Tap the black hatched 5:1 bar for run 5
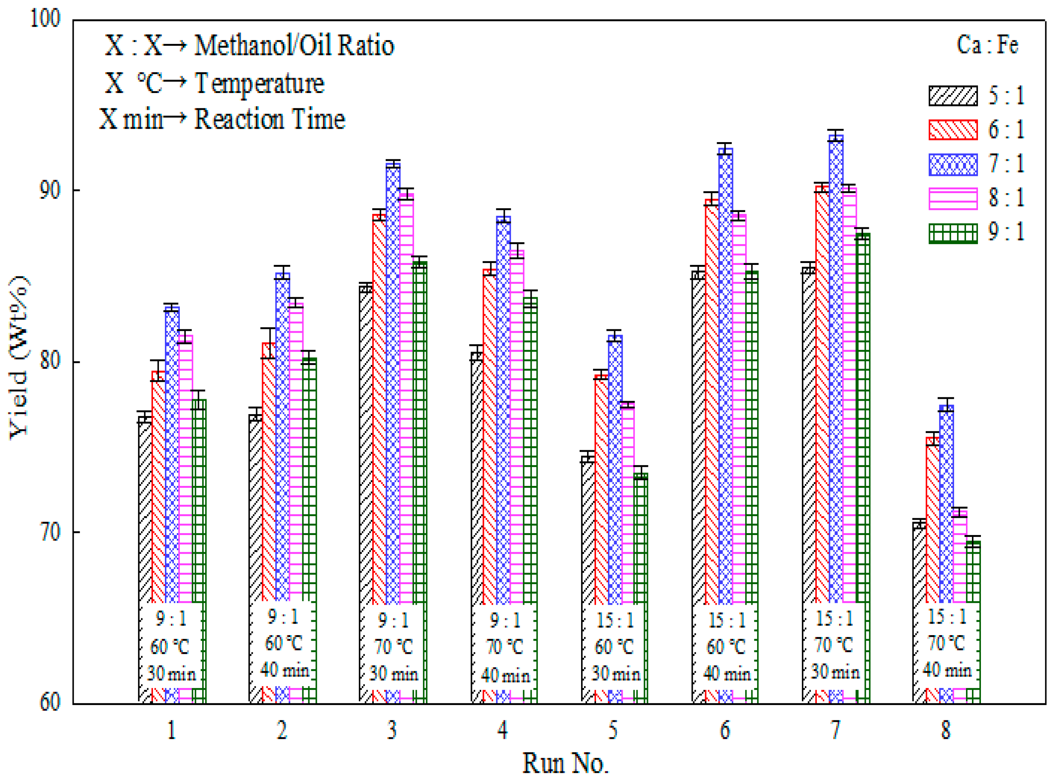pos(587,528)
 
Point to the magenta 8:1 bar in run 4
pos(517,424)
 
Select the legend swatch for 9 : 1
pos(953,233)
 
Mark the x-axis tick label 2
pos(282,730)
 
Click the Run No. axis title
pos(565,762)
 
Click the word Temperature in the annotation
pos(259,83)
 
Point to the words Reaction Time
pos(270,119)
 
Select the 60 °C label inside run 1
pos(170,647)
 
